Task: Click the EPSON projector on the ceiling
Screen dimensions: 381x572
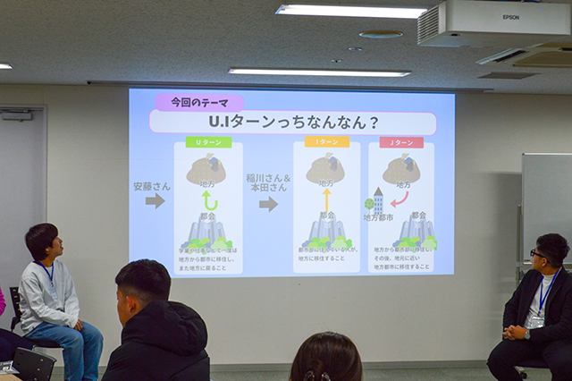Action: click(x=495, y=24)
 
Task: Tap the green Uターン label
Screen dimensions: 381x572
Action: click(x=208, y=142)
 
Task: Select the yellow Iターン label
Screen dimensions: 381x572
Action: click(x=326, y=142)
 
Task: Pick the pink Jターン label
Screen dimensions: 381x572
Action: click(x=401, y=142)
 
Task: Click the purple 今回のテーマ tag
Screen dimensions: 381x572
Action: click(x=188, y=102)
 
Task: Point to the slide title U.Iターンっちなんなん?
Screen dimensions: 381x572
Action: click(x=292, y=122)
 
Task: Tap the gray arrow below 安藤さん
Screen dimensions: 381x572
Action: click(x=156, y=201)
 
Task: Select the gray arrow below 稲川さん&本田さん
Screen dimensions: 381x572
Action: click(x=268, y=204)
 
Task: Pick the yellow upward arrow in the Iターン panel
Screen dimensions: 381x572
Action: click(x=326, y=199)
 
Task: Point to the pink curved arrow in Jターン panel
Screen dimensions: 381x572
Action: click(x=400, y=198)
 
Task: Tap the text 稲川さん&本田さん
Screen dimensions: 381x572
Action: click(x=267, y=182)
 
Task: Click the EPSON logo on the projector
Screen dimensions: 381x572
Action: click(x=509, y=16)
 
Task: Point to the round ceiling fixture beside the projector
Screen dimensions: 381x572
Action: click(x=382, y=35)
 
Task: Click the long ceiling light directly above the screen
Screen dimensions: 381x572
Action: click(x=307, y=72)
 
